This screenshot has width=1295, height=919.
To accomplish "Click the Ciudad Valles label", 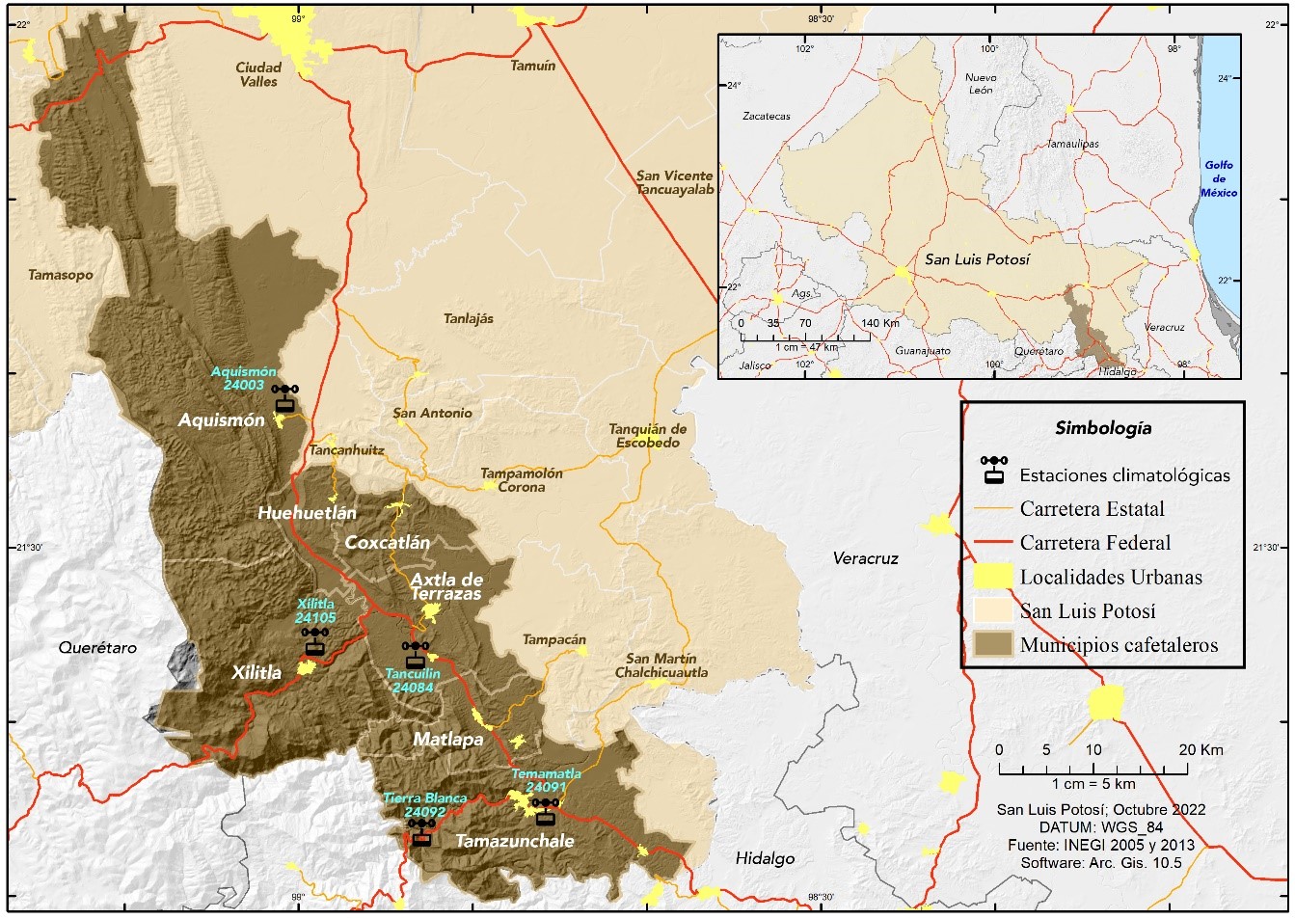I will tap(258, 74).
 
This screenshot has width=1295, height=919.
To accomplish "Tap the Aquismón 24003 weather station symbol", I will tap(284, 398).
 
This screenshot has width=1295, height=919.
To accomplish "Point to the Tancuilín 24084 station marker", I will tap(416, 654).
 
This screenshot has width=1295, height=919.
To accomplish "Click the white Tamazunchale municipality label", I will tap(514, 841).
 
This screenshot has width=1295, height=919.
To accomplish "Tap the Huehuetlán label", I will tap(307, 513).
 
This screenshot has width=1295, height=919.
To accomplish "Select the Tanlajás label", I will tap(469, 318).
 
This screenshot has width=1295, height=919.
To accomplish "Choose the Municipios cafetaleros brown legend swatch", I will tap(992, 644).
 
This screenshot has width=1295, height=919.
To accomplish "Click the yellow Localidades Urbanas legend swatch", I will tap(992, 577).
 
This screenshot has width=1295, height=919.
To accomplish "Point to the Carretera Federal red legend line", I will tap(992, 543).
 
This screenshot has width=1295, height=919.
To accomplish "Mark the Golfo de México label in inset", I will tap(1219, 178).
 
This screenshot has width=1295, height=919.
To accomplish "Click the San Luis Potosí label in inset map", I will tap(977, 259).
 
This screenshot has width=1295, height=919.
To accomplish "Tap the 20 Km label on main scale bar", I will tap(1201, 749).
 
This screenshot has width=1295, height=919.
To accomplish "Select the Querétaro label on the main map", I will tap(97, 648).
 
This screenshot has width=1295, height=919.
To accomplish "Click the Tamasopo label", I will tap(61, 275).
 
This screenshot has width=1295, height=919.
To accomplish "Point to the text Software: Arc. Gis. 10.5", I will tap(1101, 862).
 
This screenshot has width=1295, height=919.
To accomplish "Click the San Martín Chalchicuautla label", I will tap(661, 665).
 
